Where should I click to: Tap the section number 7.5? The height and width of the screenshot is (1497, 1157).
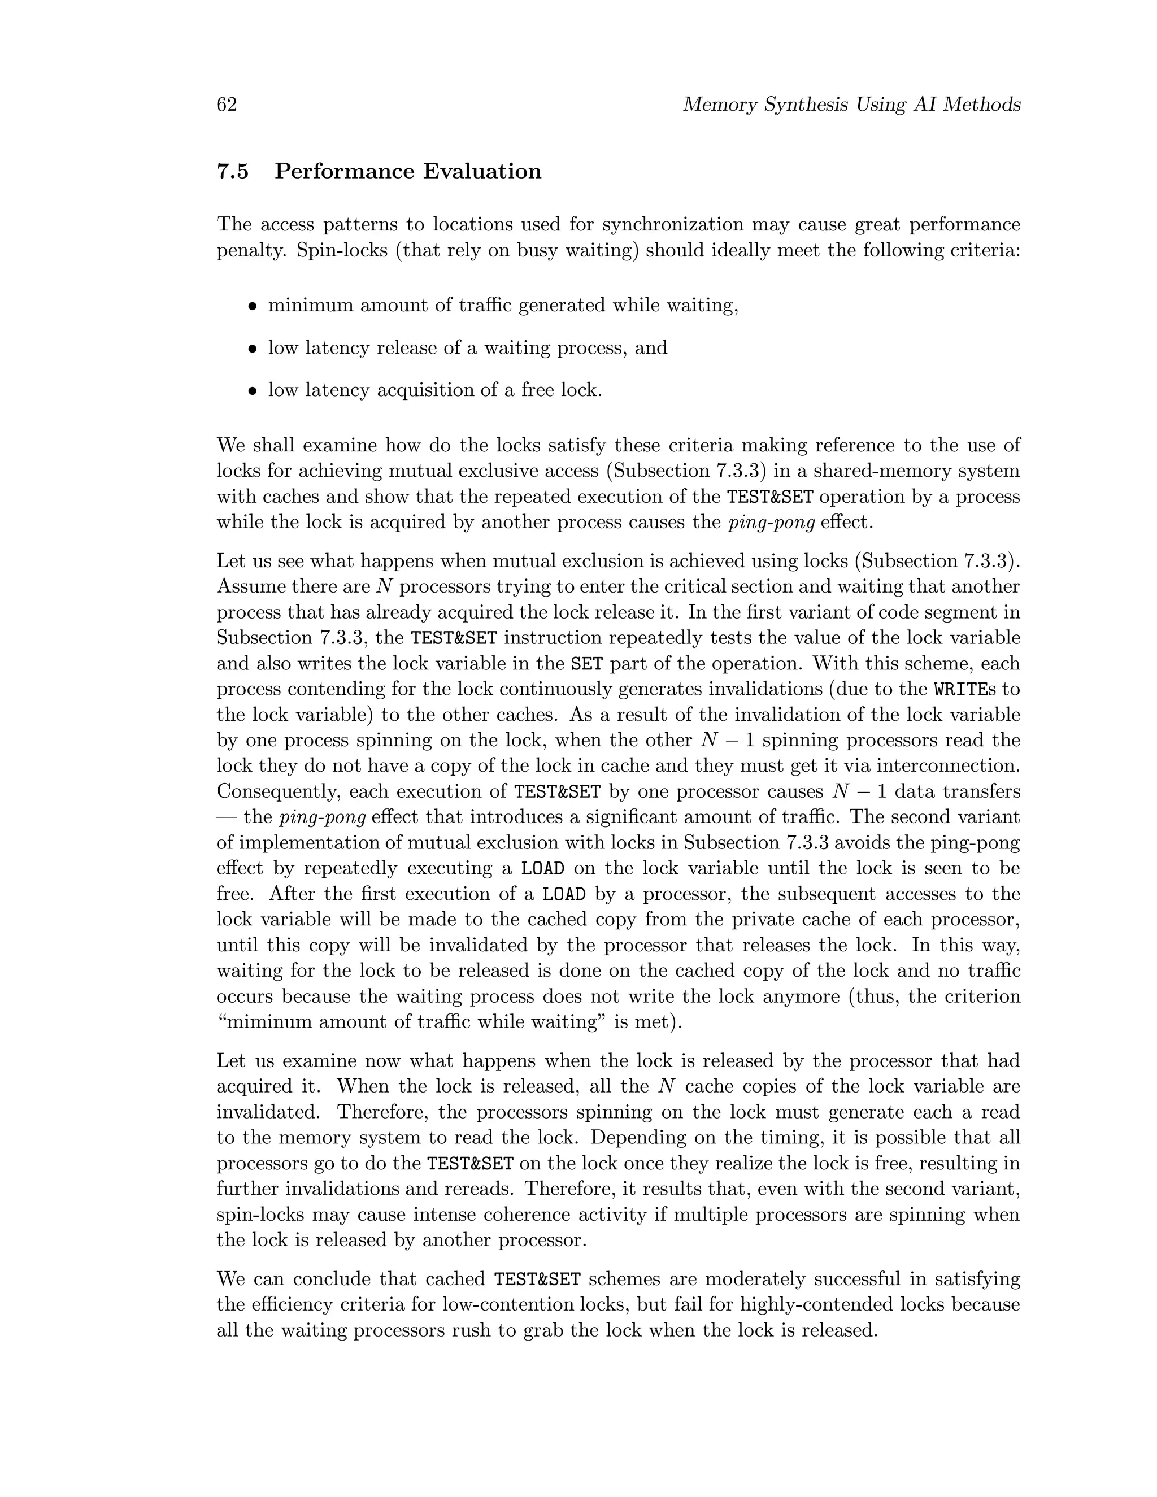point(233,171)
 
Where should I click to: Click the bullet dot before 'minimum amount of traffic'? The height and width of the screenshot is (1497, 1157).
point(253,306)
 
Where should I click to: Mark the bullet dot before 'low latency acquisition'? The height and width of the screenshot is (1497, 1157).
point(253,391)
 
